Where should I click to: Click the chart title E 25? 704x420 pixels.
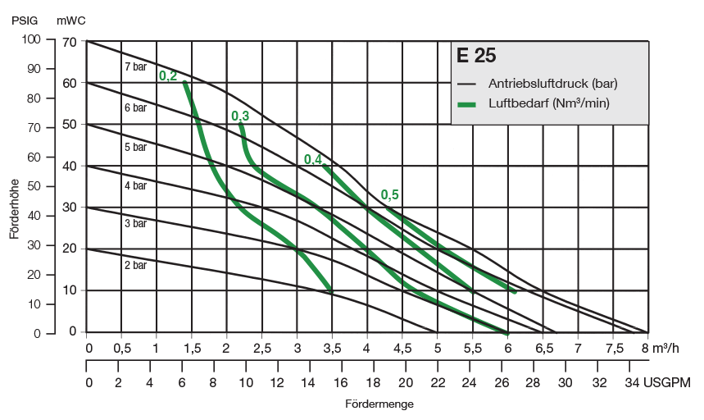[x=476, y=57]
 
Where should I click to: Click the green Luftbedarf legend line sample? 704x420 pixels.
[x=467, y=104]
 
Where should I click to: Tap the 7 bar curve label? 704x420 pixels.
[x=135, y=66]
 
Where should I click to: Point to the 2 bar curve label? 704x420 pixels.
[x=135, y=265]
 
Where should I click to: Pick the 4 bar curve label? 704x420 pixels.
[x=135, y=186]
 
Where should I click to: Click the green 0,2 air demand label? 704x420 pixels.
[x=168, y=76]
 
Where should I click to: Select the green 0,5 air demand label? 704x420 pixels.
[x=390, y=195]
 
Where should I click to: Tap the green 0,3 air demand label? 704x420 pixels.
[x=240, y=116]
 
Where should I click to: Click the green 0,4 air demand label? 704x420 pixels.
[x=313, y=159]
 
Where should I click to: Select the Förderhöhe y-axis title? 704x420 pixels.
[x=15, y=210]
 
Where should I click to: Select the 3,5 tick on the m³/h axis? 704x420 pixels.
[x=332, y=348]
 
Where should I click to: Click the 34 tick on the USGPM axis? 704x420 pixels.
[x=631, y=383]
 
